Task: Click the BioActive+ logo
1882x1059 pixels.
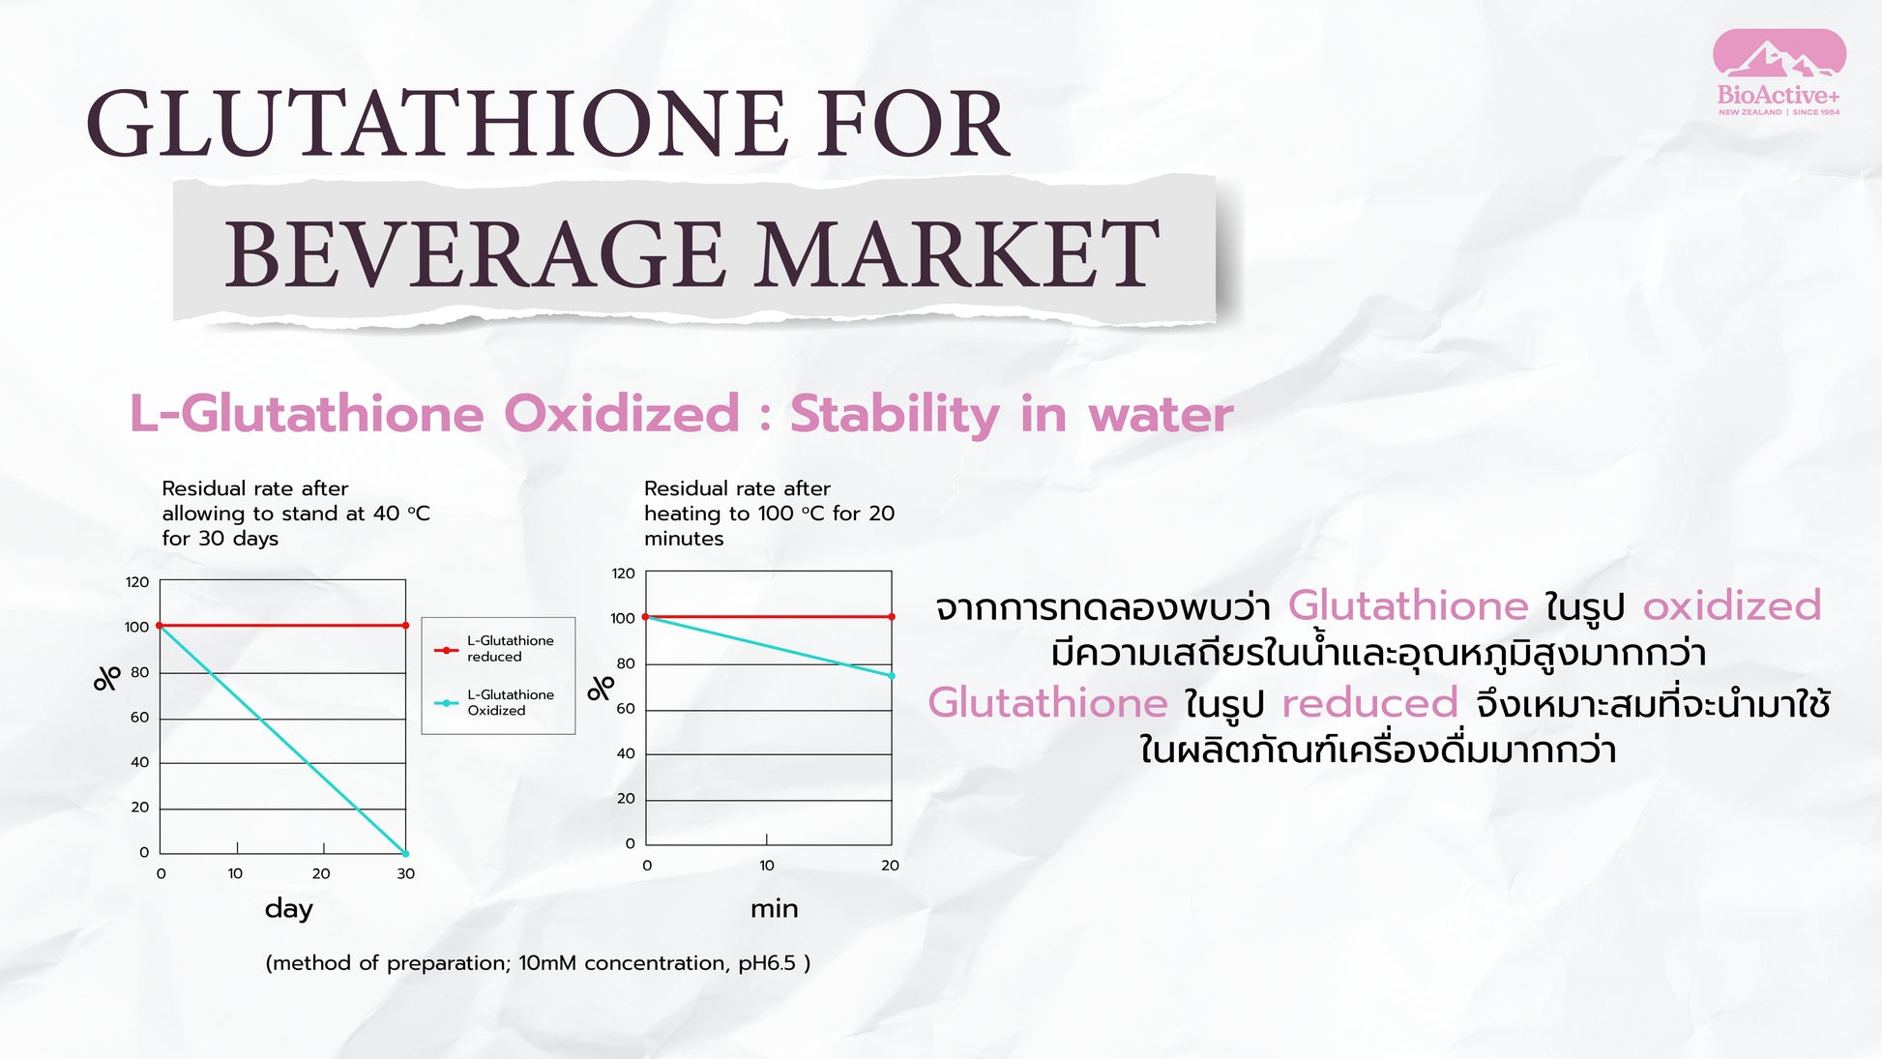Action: [x=1779, y=74]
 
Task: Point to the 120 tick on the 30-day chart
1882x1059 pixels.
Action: [x=137, y=582]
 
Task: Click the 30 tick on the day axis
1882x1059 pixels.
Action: [x=406, y=873]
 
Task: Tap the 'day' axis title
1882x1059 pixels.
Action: [x=289, y=908]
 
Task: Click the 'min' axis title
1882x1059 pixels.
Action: [x=775, y=908]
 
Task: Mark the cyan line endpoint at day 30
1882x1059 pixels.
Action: [x=405, y=853]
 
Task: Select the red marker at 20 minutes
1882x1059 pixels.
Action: [x=892, y=617]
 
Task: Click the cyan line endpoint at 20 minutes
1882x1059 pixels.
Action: [x=892, y=676]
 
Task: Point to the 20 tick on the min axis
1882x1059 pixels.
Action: [x=890, y=866]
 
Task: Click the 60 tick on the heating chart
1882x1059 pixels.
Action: [x=626, y=709]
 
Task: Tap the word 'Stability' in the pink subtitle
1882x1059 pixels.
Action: [x=895, y=415]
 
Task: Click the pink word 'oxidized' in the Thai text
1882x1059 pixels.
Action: [x=1732, y=605]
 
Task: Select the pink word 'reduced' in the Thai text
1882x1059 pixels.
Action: [x=1369, y=703]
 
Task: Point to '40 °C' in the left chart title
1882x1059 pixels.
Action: [x=401, y=514]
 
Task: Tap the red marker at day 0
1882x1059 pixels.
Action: [x=160, y=626]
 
